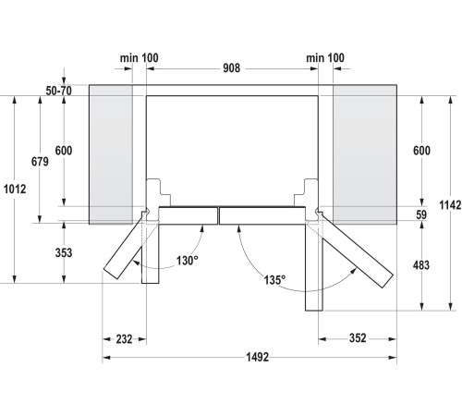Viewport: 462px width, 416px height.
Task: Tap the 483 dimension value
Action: coord(421,265)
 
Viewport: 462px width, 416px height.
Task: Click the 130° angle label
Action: coord(188,261)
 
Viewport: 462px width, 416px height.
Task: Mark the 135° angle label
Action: coord(274,278)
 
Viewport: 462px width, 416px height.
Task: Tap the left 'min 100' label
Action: coord(139,57)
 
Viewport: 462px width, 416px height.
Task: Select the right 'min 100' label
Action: coord(324,57)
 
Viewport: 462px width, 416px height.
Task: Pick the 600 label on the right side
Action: coord(421,152)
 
